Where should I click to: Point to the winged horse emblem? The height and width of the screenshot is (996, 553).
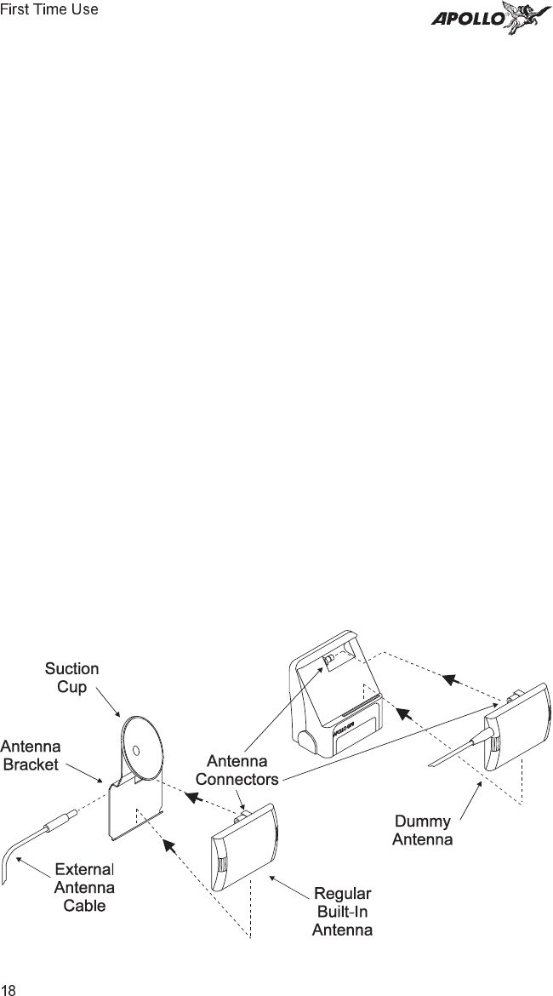coord(524,17)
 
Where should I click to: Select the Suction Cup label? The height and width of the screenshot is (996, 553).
coord(72,678)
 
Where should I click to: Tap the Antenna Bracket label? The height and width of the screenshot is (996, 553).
coord(31,754)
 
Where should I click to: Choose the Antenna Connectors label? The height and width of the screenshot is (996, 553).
coord(238,770)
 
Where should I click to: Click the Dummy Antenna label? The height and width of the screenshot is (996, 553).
coord(422,830)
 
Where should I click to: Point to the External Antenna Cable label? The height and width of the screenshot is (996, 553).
coord(85,887)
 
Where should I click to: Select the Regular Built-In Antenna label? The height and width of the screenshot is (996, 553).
coord(342,912)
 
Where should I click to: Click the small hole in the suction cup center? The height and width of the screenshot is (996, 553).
coord(135,750)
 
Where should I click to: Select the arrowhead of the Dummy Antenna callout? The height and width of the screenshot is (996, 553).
coord(481,783)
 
